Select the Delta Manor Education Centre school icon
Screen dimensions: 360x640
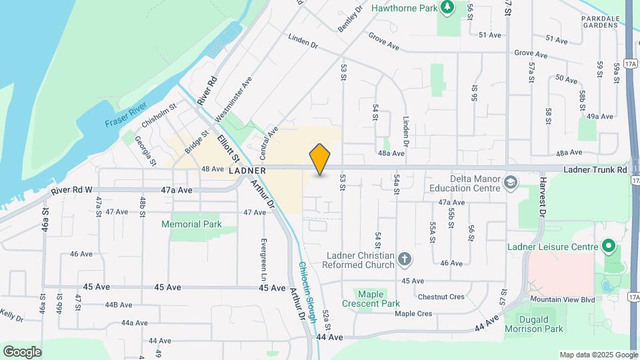511,182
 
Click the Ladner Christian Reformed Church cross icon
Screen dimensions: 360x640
404,259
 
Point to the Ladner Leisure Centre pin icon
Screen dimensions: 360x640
608,247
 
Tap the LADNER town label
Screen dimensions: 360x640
247,171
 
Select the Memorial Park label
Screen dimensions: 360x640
191,225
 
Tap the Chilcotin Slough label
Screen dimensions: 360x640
304,292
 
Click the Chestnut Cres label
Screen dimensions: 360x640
441,297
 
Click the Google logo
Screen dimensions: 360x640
22,351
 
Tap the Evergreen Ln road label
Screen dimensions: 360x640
264,258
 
